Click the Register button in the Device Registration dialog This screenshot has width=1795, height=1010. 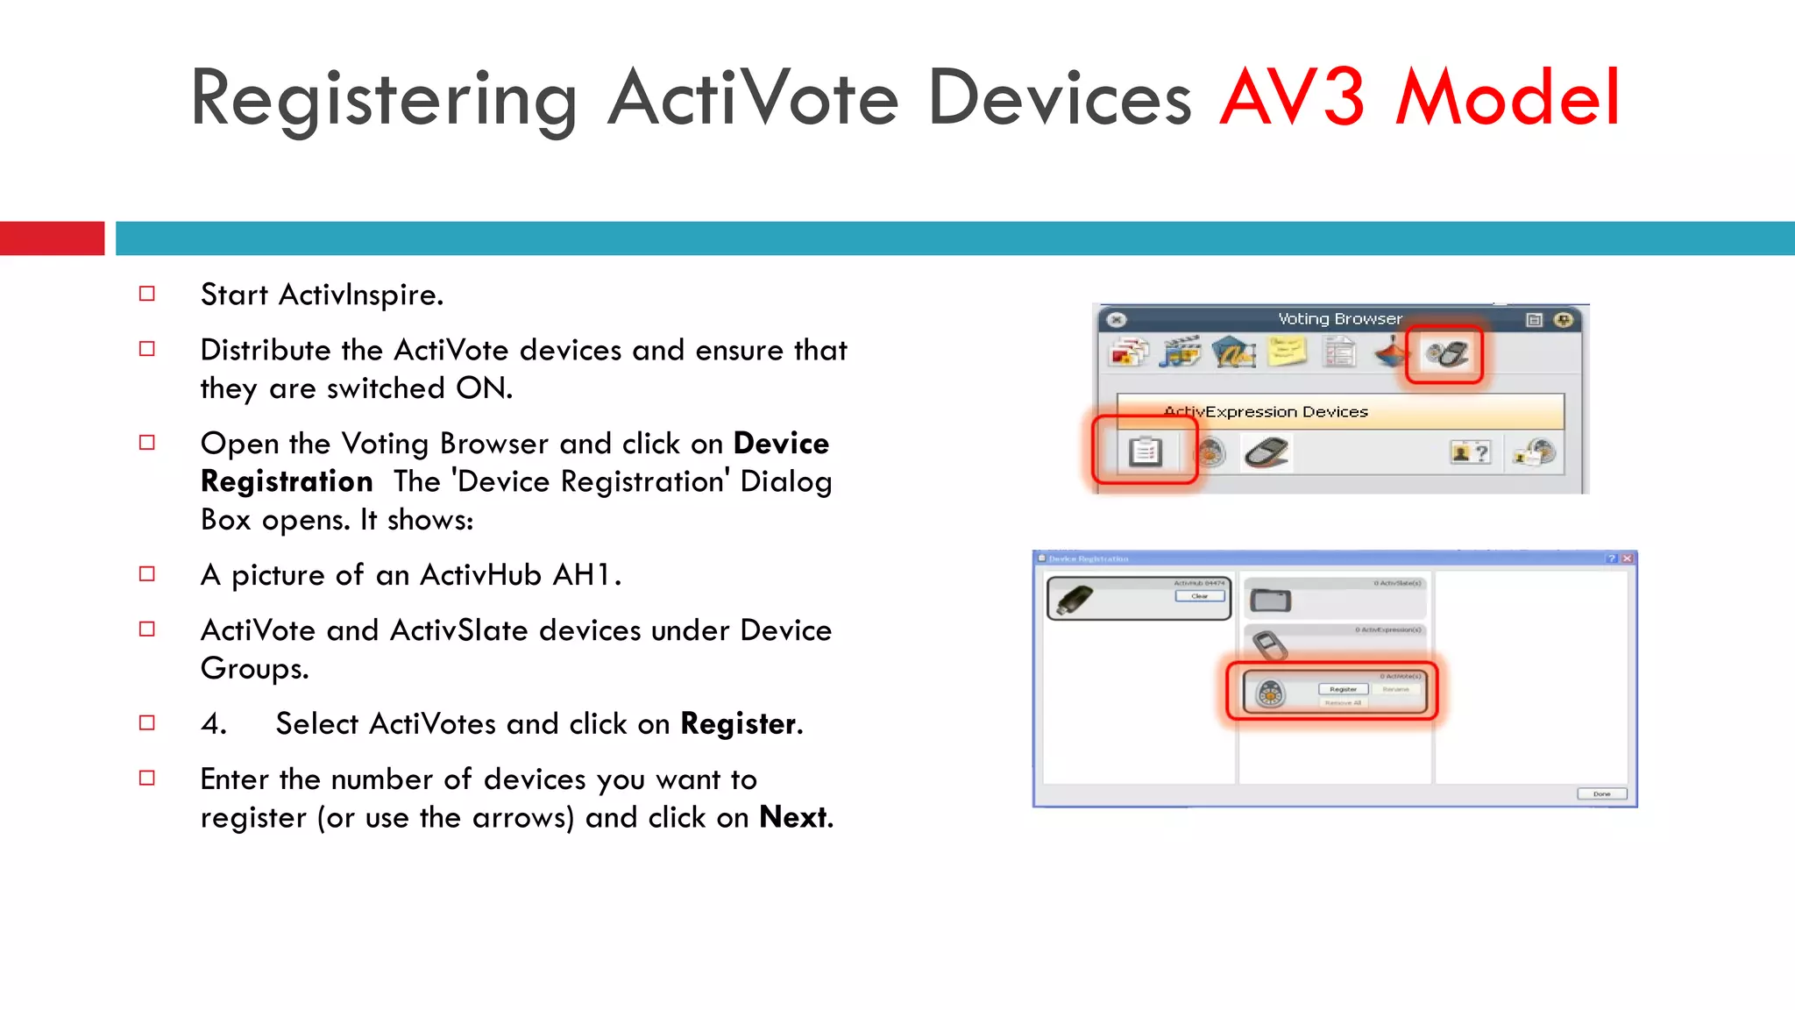(1343, 689)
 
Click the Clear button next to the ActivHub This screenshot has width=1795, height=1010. (1199, 596)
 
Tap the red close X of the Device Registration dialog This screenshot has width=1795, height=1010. (1627, 558)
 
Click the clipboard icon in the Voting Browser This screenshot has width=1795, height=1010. (1145, 452)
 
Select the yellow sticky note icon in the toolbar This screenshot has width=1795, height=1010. (1286, 352)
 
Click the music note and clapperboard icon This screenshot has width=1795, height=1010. (1181, 352)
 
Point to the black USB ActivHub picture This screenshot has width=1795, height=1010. (1075, 601)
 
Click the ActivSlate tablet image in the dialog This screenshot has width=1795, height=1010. (1270, 601)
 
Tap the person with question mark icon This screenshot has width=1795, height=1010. (1470, 452)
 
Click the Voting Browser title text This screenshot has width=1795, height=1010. (1339, 319)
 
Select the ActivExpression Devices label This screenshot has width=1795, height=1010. (1266, 412)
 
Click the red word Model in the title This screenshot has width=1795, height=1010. (1508, 98)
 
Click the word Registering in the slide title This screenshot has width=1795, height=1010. (383, 100)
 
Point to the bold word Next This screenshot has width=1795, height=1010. (793, 817)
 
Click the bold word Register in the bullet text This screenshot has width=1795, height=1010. (738, 724)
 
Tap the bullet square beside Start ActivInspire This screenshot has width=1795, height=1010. (147, 294)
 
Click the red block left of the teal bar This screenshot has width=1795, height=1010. (52, 238)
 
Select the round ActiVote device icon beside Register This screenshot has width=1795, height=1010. (1270, 693)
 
